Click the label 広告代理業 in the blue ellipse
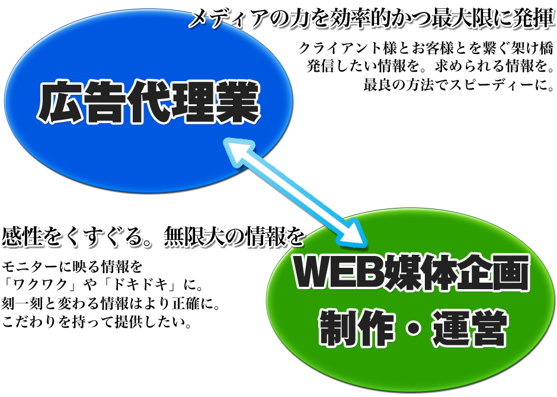coord(149,103)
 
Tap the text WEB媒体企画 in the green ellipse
coord(411,273)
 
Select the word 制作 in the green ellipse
coord(357,328)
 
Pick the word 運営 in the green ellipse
coord(469,328)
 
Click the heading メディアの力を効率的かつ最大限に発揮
coord(372,18)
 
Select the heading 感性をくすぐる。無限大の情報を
coord(153,236)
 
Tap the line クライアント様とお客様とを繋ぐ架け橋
coord(425,48)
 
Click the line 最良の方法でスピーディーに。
coord(459,85)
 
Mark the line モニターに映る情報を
coord(72,265)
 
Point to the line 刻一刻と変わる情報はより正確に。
coord(111,303)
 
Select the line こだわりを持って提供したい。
coord(97,322)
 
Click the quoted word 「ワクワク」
coord(40,284)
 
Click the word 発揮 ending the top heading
coord(534,18)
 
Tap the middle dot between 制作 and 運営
coord(413,329)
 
